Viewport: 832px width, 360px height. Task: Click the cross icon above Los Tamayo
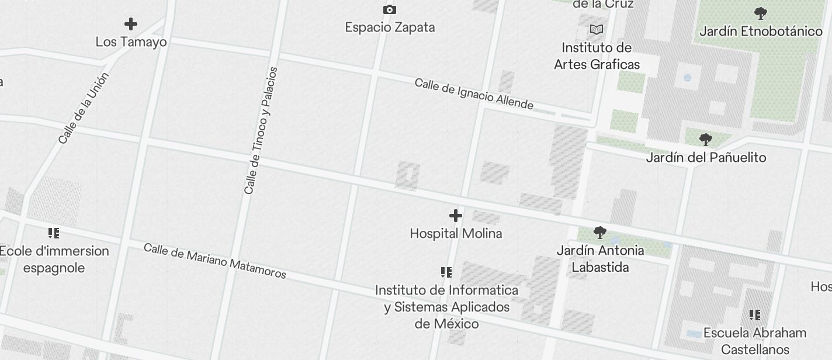tap(131, 24)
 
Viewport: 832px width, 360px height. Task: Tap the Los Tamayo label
tap(131, 42)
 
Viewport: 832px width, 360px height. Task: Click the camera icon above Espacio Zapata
tap(390, 9)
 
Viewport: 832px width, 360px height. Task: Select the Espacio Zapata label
tap(390, 27)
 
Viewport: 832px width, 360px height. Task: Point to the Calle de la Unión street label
tap(84, 108)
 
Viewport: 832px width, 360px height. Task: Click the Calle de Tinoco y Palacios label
tap(261, 131)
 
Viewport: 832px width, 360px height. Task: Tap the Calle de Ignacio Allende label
tap(474, 94)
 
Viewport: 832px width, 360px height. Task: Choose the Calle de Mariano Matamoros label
tap(215, 261)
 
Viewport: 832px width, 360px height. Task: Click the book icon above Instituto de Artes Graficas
tap(597, 29)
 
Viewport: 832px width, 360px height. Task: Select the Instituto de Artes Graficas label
tap(597, 56)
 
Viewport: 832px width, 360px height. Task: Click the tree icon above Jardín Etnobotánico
tap(761, 13)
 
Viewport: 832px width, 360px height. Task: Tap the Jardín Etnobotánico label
tap(761, 32)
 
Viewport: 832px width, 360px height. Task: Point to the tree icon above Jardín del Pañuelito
tap(706, 140)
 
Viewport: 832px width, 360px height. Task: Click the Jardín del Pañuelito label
tap(706, 158)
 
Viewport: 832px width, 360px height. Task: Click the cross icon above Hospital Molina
tap(456, 216)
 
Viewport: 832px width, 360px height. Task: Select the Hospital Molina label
tap(456, 234)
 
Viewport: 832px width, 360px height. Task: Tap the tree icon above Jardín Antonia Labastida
tap(600, 233)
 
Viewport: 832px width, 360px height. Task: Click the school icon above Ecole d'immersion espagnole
tap(54, 234)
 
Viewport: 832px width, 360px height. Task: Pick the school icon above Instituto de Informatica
tap(446, 272)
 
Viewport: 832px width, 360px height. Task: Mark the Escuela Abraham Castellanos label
tap(755, 341)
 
